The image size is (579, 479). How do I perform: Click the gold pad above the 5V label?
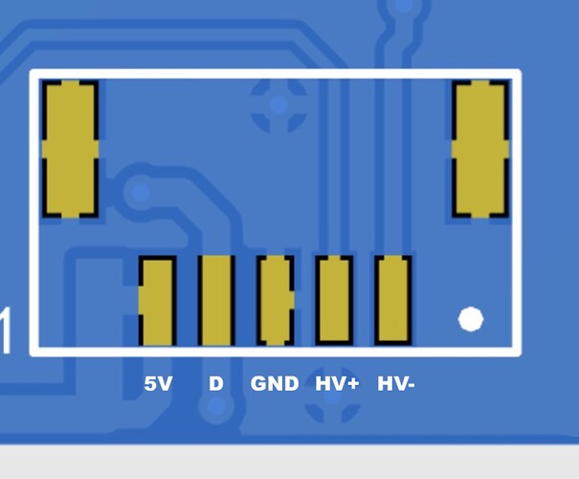point(157,301)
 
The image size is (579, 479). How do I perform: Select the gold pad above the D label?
point(216,301)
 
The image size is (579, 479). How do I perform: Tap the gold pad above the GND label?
point(275,301)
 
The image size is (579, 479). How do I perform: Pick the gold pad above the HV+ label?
point(334,301)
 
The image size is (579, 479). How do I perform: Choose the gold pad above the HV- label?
point(392,301)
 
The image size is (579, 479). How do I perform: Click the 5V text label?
point(158,384)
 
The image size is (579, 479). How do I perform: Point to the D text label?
point(216,384)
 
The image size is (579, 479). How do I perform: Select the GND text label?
point(275,384)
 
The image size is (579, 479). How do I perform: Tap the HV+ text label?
point(337,384)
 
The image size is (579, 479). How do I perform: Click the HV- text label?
point(396,384)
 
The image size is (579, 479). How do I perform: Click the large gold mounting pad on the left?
point(70,148)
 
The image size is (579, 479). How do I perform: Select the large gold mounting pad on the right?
point(479,148)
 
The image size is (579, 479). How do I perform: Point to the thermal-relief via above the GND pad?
point(278,103)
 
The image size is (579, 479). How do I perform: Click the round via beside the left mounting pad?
point(142,194)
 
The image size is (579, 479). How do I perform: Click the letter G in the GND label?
point(259,384)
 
